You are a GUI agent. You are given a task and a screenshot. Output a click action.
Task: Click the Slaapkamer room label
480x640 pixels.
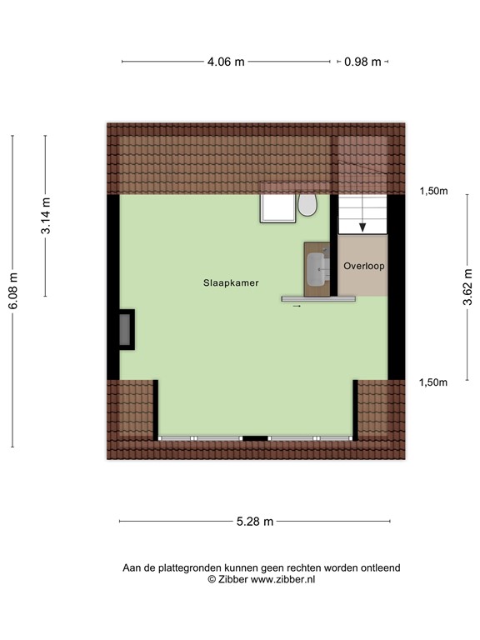click(x=231, y=283)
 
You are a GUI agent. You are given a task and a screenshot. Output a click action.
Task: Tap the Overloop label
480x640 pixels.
click(x=363, y=265)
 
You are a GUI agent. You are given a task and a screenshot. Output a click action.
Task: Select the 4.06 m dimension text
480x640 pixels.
click(x=227, y=61)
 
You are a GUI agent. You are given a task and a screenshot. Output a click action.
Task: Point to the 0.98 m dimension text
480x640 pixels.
click(x=362, y=61)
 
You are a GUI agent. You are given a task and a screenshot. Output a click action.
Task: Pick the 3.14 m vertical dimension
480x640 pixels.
click(x=46, y=216)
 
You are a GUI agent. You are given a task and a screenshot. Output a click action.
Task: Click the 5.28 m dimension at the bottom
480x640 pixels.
click(x=255, y=522)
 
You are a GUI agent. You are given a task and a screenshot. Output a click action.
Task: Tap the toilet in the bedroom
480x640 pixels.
click(x=307, y=205)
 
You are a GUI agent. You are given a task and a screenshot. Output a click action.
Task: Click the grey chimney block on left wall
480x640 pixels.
click(x=125, y=328)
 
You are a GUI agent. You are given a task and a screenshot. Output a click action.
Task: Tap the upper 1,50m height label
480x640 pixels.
click(x=433, y=191)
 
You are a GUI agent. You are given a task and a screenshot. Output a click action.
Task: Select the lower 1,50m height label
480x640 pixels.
click(x=433, y=382)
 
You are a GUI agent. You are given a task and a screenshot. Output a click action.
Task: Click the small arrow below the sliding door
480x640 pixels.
click(x=297, y=307)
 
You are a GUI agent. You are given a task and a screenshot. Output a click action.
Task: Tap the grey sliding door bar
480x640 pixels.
click(x=318, y=297)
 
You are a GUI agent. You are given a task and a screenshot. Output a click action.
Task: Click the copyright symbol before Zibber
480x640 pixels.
click(x=211, y=579)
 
